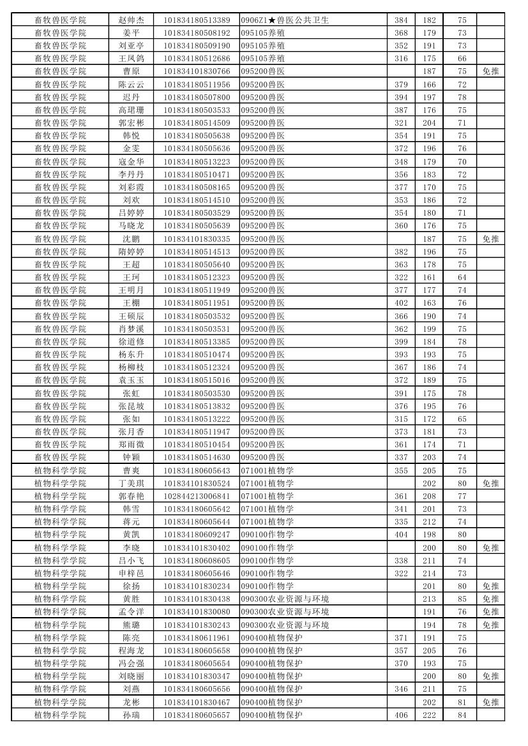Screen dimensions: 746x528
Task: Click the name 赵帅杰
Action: pyautogui.click(x=131, y=20)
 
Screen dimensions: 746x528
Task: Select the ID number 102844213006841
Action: pyautogui.click(x=197, y=496)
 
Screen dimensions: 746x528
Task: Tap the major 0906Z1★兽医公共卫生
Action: pyautogui.click(x=285, y=20)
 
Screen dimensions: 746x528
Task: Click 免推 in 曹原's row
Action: pyautogui.click(x=490, y=71)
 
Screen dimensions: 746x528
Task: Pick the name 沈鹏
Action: pyautogui.click(x=131, y=239)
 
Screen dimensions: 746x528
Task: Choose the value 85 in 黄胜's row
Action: pyautogui.click(x=462, y=599)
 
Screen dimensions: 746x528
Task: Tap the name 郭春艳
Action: pyautogui.click(x=131, y=496)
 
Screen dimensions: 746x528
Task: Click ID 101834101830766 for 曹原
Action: pyautogui.click(x=197, y=71)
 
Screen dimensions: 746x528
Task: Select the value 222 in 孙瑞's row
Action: pyautogui.click(x=429, y=715)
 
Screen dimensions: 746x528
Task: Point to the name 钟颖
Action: pyautogui.click(x=131, y=457)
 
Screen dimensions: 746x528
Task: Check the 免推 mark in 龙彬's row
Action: pyautogui.click(x=490, y=702)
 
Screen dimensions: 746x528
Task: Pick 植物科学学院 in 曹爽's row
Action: pyautogui.click(x=60, y=470)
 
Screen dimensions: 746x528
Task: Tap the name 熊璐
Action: pyautogui.click(x=131, y=625)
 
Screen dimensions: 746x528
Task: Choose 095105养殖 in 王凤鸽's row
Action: pyautogui.click(x=263, y=59)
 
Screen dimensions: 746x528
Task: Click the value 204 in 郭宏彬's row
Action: pyautogui.click(x=429, y=123)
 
